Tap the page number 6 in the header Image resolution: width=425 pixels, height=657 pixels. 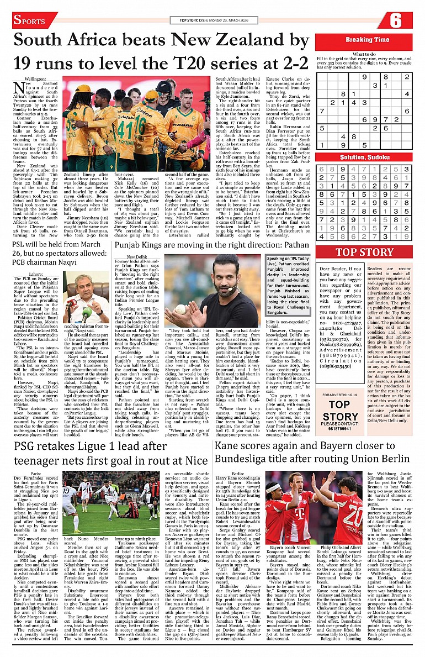[x=396, y=21]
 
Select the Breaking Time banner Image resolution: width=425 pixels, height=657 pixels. [x=367, y=40]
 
